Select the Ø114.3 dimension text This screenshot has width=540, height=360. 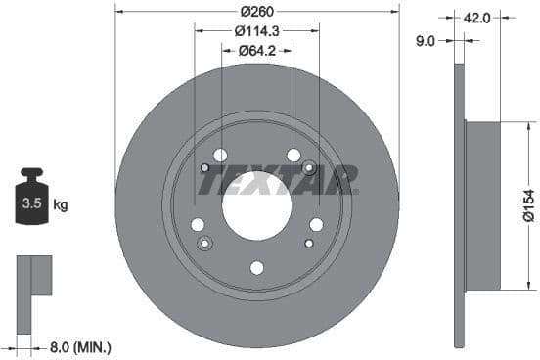point(256,30)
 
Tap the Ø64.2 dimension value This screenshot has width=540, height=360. point(256,50)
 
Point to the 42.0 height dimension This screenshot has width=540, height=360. point(476,16)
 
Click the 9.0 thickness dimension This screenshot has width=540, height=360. point(426,40)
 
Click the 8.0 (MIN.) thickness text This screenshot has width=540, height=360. point(80,346)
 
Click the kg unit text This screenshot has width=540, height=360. point(60,205)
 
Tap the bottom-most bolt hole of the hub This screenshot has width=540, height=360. point(256,267)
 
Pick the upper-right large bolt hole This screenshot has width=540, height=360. point(292,155)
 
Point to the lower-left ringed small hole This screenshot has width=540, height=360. point(204,243)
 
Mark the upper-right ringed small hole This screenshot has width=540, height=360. point(309,168)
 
